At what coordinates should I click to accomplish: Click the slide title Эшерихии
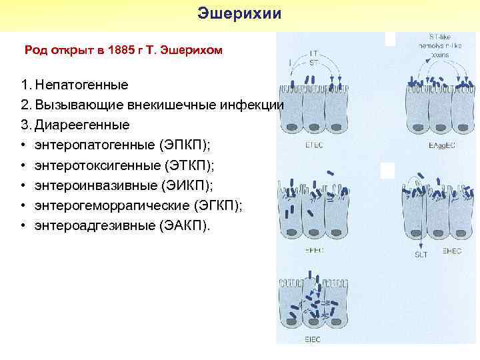coord(240,14)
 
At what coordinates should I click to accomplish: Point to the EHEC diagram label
coord(452,252)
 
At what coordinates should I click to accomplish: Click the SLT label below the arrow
coord(421,253)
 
